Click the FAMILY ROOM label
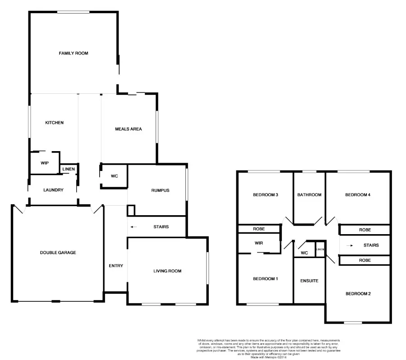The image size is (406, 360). (74, 53)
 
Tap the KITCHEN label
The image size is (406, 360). (54, 123)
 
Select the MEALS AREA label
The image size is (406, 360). (129, 129)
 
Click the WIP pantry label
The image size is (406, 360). (45, 163)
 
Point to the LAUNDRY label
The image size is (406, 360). (53, 190)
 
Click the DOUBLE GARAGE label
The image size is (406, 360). (58, 253)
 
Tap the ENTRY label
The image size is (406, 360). (116, 266)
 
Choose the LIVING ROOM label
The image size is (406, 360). (167, 271)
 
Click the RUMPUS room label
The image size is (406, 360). (160, 190)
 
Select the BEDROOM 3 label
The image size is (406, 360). (265, 195)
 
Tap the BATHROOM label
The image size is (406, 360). (309, 195)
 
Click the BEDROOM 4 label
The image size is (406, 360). (358, 195)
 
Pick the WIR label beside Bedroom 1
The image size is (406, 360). (258, 243)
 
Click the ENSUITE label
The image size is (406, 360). (309, 281)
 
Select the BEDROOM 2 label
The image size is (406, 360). (358, 294)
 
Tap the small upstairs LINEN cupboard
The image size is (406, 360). (320, 249)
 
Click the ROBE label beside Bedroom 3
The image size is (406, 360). (259, 229)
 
